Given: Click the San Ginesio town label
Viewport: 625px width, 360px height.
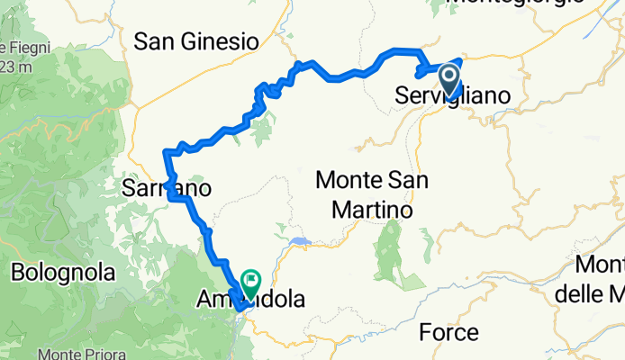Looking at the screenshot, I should pos(196,40).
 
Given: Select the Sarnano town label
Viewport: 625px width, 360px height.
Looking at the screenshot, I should pos(167,189).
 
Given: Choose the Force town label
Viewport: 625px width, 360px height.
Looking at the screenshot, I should pos(449,333).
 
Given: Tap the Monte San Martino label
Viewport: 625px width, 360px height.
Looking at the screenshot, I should pos(372,194).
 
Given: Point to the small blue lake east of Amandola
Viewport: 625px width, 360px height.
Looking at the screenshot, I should pos(300,241).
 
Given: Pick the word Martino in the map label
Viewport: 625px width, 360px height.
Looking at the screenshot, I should pos(372,210).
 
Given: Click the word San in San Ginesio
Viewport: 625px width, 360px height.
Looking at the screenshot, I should pos(153,40).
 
